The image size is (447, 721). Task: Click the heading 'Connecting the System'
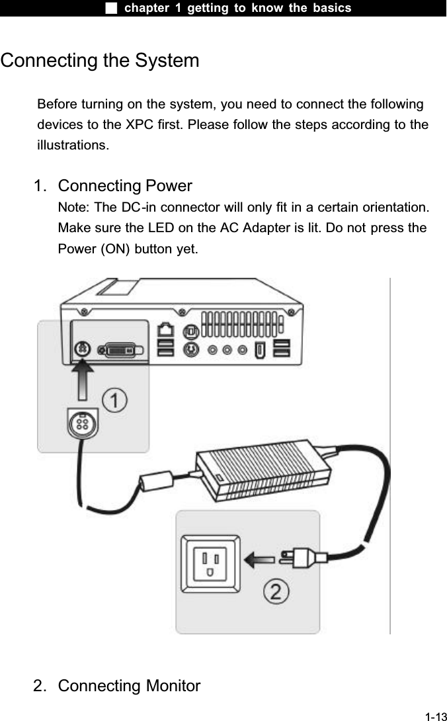pos(100,61)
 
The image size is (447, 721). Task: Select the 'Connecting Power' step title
pos(125,185)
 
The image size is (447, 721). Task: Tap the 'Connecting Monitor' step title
pos(129,685)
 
